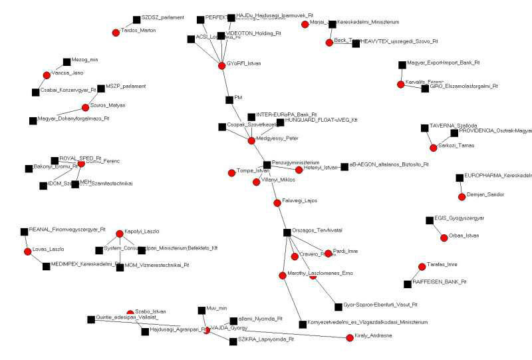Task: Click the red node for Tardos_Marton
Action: [x=116, y=32]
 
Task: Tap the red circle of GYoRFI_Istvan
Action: [x=222, y=65]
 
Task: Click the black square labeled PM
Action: [x=229, y=98]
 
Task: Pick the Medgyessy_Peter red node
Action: [x=251, y=140]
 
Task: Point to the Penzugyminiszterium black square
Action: [x=267, y=164]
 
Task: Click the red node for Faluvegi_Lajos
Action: [x=277, y=202]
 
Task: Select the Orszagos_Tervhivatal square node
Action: [x=287, y=232]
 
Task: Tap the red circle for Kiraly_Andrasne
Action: [x=350, y=338]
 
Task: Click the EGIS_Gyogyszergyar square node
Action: [x=429, y=220]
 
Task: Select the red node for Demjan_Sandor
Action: [x=462, y=196]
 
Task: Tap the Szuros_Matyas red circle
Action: [x=85, y=107]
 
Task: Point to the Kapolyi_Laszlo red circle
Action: [x=120, y=234]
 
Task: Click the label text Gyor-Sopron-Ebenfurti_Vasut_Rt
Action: [x=380, y=305]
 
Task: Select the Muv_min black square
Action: [x=201, y=310]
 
